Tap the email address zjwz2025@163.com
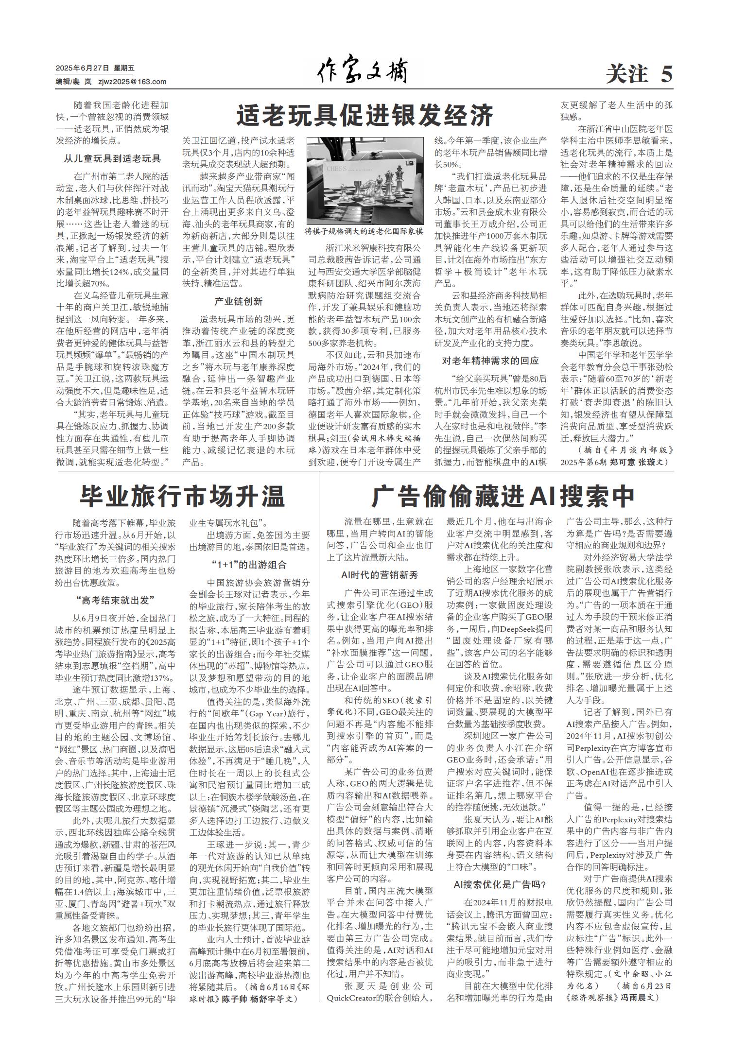coord(132,82)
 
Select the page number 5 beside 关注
coord(666,74)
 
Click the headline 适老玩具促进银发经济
coord(365,116)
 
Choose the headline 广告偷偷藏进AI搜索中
coord(503,496)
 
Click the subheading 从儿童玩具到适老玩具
coord(112,158)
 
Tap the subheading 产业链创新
coord(238,301)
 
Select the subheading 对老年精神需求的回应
coord(490,361)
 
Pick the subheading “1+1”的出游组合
coord(249,565)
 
